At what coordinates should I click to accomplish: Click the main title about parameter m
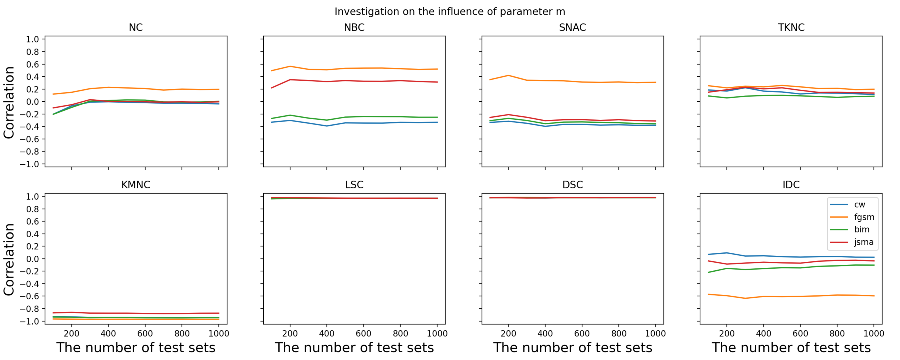pos(450,12)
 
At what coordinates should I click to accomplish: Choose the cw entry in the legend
pos(859,204)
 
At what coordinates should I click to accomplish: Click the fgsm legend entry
pos(864,217)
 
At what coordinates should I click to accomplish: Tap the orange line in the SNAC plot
pos(582,82)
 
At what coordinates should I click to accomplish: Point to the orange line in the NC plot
pos(145,88)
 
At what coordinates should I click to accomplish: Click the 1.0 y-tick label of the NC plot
pos(32,39)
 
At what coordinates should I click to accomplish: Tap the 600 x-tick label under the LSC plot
pos(363,333)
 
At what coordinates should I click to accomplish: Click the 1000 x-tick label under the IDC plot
pos(873,333)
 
